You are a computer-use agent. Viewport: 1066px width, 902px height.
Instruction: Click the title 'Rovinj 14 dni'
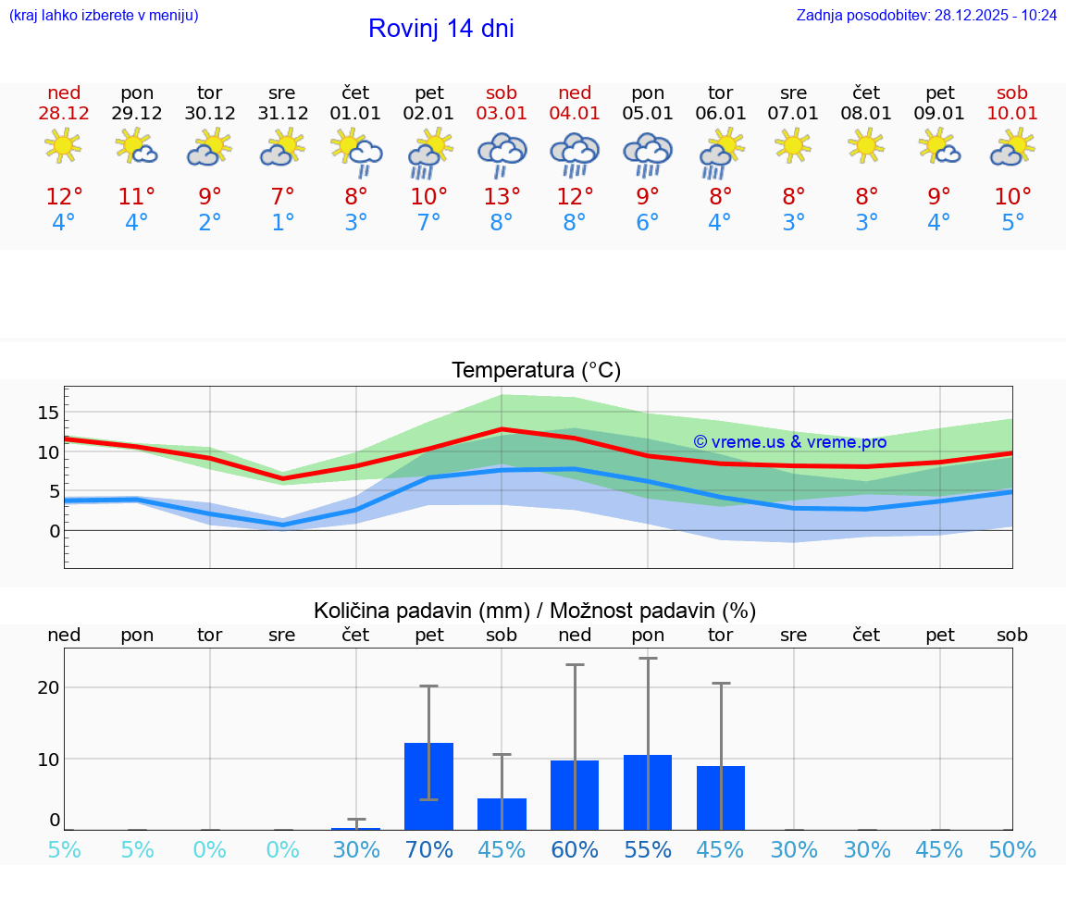440,29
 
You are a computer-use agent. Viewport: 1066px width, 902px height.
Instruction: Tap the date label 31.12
282,114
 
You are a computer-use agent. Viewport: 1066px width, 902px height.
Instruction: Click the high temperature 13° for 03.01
502,197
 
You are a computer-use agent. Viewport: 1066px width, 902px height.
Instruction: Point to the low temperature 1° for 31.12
282,223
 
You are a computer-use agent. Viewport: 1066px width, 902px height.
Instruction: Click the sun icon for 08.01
866,145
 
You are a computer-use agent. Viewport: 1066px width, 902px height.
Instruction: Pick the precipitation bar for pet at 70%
428,786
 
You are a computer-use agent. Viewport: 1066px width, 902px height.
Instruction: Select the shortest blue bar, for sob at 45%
502,814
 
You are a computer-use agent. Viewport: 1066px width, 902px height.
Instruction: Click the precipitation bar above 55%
648,793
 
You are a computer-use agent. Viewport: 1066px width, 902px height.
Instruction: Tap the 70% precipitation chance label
428,849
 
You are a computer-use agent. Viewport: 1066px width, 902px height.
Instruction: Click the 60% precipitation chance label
575,849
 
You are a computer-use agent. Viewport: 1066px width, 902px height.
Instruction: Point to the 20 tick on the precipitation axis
48,687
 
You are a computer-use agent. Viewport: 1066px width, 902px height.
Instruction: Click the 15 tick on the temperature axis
48,412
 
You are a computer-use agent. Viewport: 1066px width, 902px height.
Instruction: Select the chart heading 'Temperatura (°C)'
536,371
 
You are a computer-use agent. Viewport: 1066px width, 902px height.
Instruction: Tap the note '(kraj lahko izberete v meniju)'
104,15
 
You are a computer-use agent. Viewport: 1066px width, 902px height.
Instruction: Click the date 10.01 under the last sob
1012,114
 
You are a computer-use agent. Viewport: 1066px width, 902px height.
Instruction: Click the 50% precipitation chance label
1012,849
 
